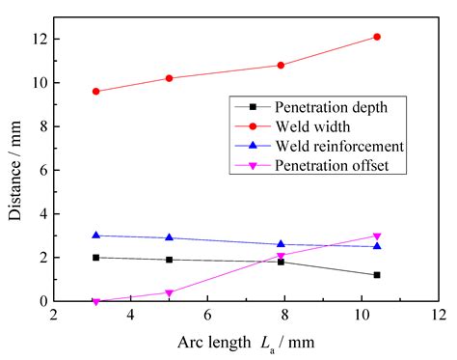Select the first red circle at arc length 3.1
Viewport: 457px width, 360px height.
tap(95, 92)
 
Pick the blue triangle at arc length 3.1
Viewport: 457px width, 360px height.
tap(95, 235)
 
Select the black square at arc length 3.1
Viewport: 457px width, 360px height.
tap(95, 258)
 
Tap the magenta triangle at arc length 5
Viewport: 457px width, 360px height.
tap(169, 292)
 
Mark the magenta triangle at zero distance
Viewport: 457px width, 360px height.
tap(95, 301)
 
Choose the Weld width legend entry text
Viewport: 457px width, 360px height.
tap(310, 125)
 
